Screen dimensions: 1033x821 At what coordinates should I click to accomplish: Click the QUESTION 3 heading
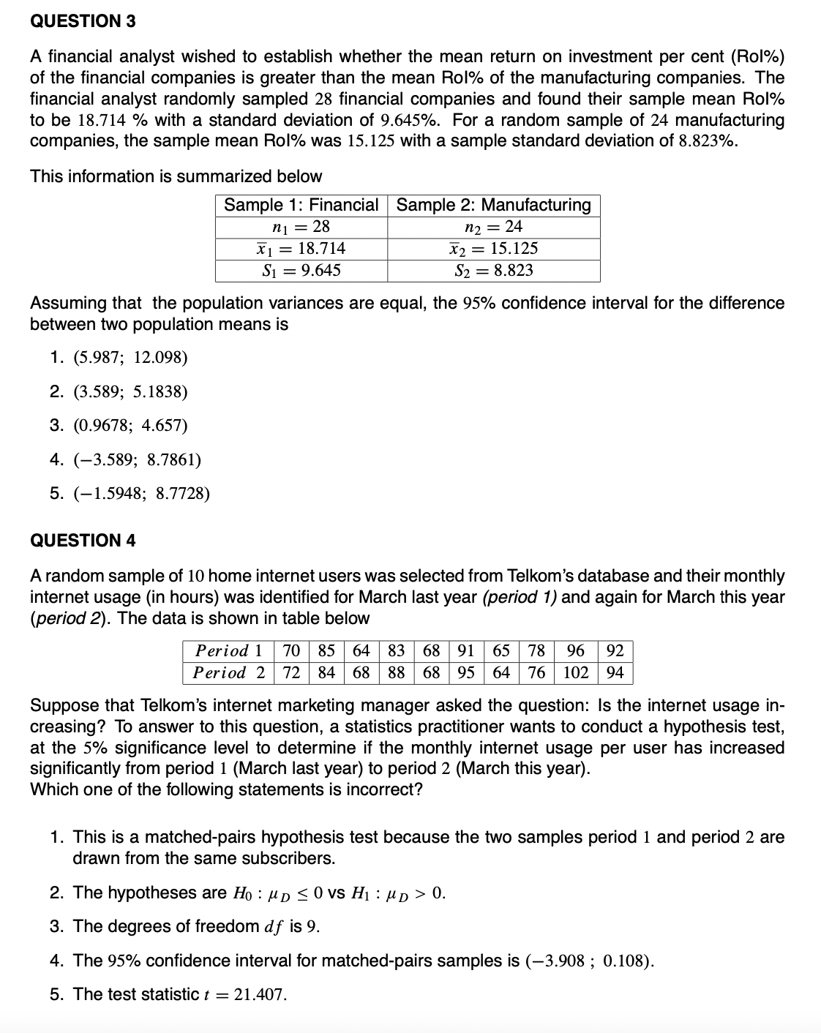83,21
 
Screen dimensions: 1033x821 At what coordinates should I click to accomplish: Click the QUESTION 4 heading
83,541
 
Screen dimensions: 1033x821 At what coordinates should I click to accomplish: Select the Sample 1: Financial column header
301,205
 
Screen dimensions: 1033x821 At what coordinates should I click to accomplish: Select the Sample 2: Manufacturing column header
493,205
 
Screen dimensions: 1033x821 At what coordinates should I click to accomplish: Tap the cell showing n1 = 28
301,227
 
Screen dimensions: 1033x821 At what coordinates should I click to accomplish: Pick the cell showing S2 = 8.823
493,271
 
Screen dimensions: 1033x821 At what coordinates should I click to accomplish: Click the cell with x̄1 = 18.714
301,249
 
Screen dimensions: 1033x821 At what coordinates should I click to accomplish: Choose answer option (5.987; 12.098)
130,358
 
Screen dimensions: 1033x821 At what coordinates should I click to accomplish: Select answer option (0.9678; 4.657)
130,426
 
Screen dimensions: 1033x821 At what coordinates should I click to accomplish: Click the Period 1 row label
228,650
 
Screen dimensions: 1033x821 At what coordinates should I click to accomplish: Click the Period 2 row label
228,672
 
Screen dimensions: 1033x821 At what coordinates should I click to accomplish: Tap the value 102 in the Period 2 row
575,672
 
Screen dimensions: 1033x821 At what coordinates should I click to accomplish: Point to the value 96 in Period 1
575,650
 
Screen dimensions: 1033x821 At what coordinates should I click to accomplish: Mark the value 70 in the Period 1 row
291,650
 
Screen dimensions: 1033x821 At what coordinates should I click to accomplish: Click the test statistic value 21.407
260,995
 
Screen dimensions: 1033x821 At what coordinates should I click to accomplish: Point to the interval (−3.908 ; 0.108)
589,961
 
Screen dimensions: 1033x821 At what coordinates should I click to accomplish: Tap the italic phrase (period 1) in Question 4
520,597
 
